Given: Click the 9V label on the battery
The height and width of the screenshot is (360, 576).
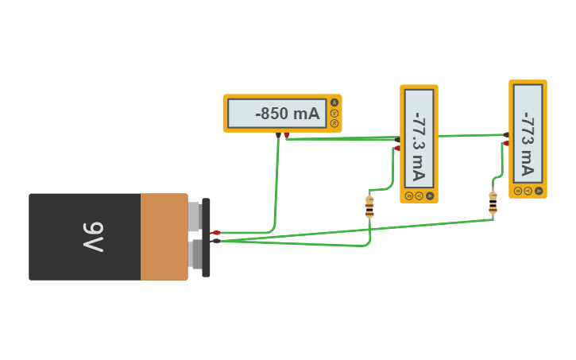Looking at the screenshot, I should [94, 237].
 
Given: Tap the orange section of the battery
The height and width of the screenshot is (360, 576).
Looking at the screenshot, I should [164, 237].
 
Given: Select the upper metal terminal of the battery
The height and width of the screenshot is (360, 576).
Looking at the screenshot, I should [194, 217].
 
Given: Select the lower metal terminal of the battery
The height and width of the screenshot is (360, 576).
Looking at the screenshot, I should [195, 255].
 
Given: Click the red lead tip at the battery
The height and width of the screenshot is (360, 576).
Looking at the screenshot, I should [215, 232].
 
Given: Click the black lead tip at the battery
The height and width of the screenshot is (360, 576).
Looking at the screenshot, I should [215, 241].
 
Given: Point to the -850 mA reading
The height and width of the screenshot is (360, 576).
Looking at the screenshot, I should [287, 114].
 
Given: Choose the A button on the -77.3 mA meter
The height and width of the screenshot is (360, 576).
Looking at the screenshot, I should [430, 195].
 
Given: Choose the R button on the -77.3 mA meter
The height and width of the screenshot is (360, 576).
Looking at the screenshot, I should [409, 195].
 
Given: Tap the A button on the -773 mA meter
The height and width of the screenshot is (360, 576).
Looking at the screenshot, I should [539, 191].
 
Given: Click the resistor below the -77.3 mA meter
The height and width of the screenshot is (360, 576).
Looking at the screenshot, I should [369, 206].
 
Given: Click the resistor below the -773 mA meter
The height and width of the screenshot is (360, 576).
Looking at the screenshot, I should [493, 203].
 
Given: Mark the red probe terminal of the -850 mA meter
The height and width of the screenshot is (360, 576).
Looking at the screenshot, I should [287, 136].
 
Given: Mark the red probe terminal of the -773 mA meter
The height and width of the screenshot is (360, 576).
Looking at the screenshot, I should [505, 144].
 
